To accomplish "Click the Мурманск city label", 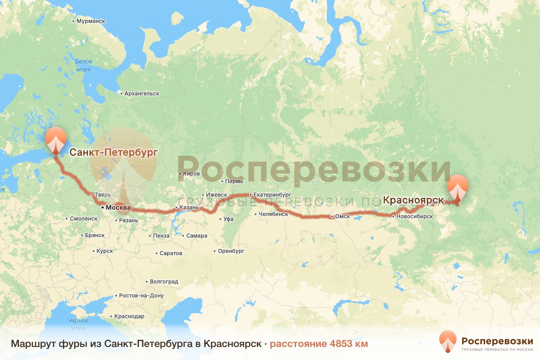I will click(90, 21).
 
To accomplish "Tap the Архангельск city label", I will click(141, 94).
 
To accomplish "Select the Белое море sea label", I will click(83, 65).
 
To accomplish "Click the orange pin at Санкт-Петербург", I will click(56, 140).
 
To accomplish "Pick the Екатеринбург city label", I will click(272, 195).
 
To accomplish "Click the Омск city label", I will click(342, 216).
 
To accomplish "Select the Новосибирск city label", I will click(414, 216).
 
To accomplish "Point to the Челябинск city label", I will click(273, 214).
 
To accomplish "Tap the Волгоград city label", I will click(164, 282).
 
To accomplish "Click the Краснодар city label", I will click(129, 316).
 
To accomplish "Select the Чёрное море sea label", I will click(78, 324).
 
